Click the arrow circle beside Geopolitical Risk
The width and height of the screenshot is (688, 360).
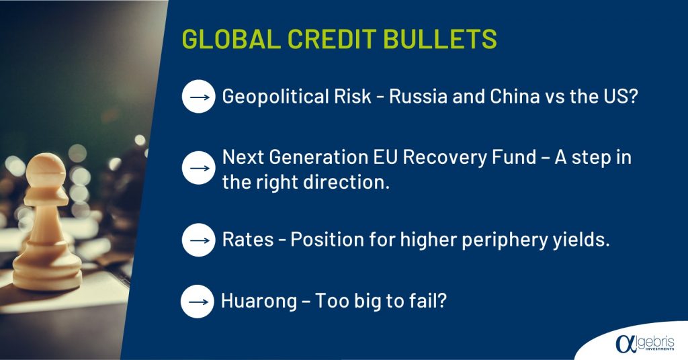tap(198, 97)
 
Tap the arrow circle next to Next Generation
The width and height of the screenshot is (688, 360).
tap(198, 168)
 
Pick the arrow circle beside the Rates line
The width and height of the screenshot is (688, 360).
tap(198, 240)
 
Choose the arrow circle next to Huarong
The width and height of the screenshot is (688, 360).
tap(198, 302)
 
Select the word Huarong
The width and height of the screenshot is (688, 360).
tap(259, 302)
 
